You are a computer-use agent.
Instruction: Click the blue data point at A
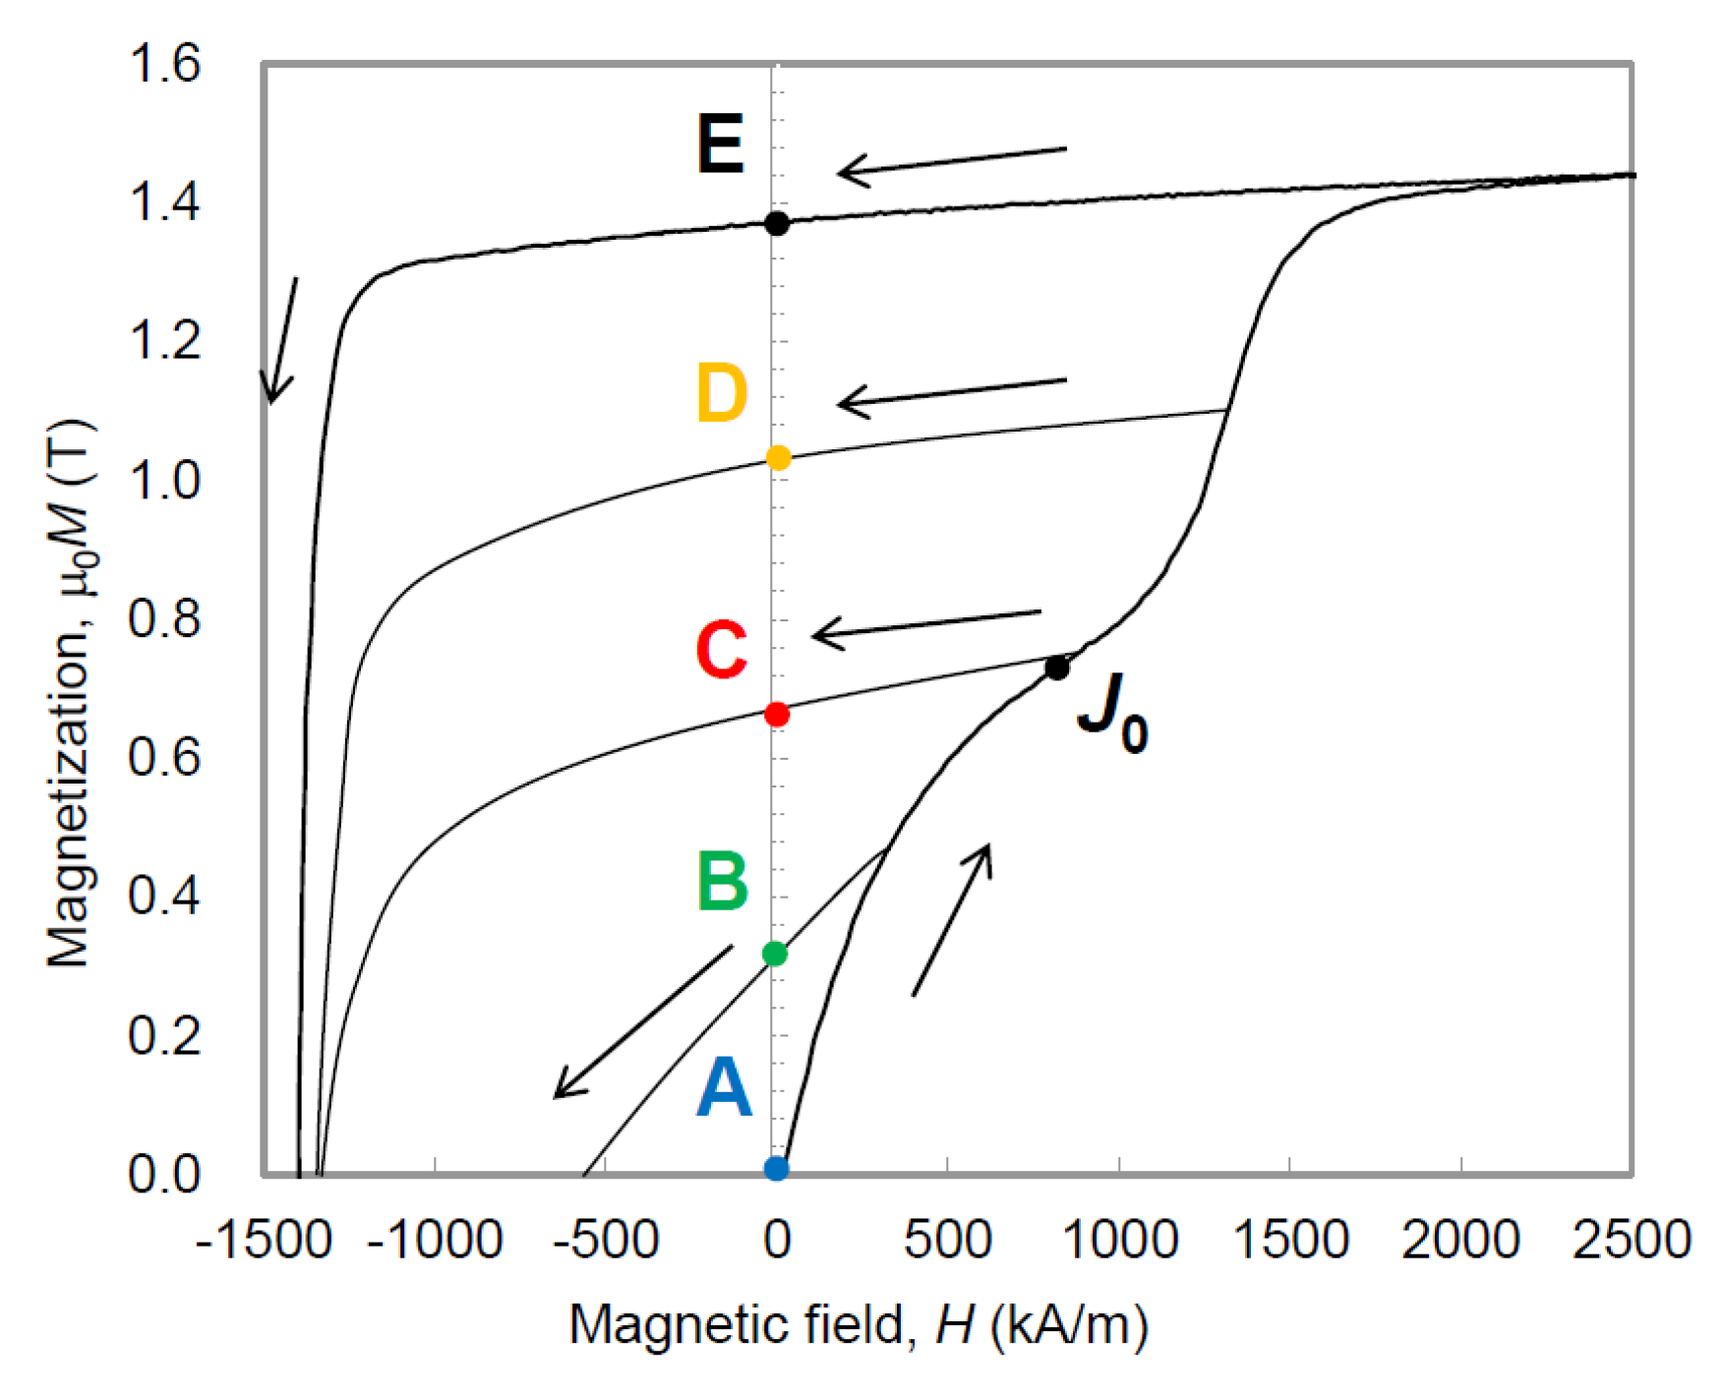point(776,1168)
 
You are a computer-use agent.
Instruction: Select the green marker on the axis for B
point(775,954)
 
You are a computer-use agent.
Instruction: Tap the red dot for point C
point(777,714)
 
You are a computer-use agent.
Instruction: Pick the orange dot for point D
point(778,458)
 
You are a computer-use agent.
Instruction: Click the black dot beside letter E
point(777,223)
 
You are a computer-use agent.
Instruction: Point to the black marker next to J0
point(1057,668)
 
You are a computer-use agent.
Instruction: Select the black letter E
point(721,145)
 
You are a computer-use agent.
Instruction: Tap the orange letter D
point(722,393)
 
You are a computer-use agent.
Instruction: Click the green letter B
point(722,881)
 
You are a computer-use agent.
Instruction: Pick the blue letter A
point(724,1089)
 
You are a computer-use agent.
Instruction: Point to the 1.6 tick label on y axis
point(164,64)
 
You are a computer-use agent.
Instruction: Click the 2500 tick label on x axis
point(1631,1240)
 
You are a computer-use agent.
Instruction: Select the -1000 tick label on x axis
point(435,1240)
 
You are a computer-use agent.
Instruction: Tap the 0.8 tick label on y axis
point(164,619)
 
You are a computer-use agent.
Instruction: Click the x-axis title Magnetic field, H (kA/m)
point(858,1325)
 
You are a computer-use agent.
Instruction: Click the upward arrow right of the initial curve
point(951,919)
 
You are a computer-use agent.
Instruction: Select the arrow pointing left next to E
point(951,161)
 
